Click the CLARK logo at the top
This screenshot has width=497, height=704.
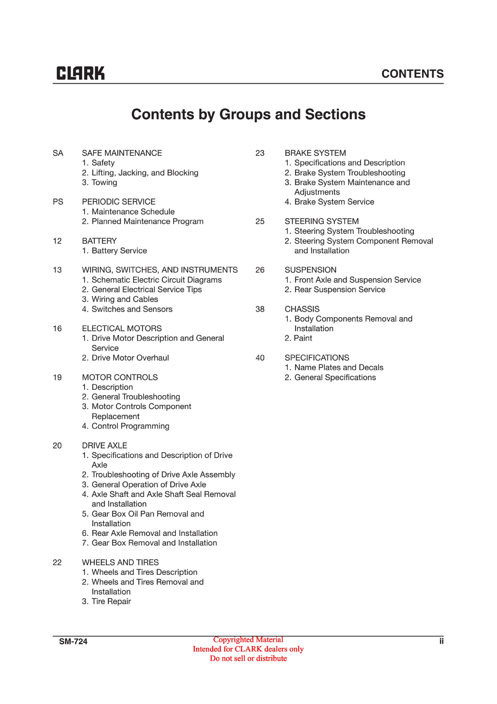pos(80,73)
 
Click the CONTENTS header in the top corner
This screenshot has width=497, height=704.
pos(412,74)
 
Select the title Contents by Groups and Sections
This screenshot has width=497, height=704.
pos(248,114)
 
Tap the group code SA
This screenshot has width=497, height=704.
pos(58,153)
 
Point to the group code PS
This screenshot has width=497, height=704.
pos(58,202)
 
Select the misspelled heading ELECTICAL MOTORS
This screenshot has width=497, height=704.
pos(122,328)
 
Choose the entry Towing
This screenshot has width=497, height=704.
pos(104,182)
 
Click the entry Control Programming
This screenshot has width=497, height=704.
pos(130,426)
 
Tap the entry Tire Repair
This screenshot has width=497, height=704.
pos(111,601)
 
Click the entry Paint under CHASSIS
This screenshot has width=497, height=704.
pos(303,338)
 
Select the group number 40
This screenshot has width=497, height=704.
pos(260,358)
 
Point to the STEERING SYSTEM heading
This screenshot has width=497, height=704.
pos(321,221)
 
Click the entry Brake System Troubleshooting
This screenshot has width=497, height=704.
pos(349,173)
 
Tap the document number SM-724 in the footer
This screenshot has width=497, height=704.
pos(73,641)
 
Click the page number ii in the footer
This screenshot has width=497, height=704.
pos(441,641)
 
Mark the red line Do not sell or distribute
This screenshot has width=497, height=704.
pos(248,658)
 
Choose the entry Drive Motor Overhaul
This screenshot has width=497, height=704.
pos(130,358)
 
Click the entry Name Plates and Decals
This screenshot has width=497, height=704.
pos(338,367)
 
